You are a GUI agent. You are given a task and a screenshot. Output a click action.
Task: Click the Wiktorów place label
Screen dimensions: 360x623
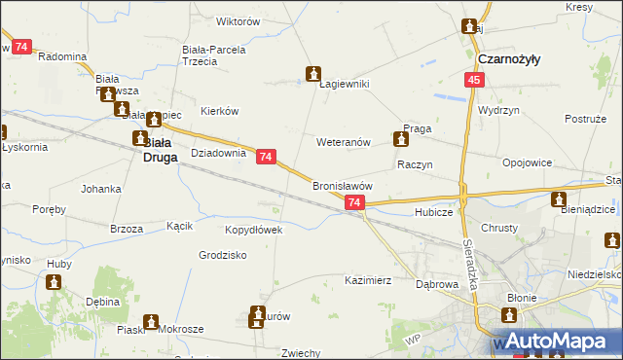coord(238,20)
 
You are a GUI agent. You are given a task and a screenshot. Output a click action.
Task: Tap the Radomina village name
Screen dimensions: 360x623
coord(62,56)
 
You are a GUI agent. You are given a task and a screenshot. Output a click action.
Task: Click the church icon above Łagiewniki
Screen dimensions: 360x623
coord(313,73)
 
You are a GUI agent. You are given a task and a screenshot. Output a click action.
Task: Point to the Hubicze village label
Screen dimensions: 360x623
coord(433,211)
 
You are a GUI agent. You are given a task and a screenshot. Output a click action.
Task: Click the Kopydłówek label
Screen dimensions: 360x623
coord(253,230)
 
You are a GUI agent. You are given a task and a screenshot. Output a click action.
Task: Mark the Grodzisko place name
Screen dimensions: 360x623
coord(223,255)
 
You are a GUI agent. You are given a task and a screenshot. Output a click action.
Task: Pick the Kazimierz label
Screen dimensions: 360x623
coord(368,280)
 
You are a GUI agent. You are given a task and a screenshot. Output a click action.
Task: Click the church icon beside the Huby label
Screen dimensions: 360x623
coord(54,282)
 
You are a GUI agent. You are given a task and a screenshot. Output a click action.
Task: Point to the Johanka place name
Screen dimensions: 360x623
coord(101,188)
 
